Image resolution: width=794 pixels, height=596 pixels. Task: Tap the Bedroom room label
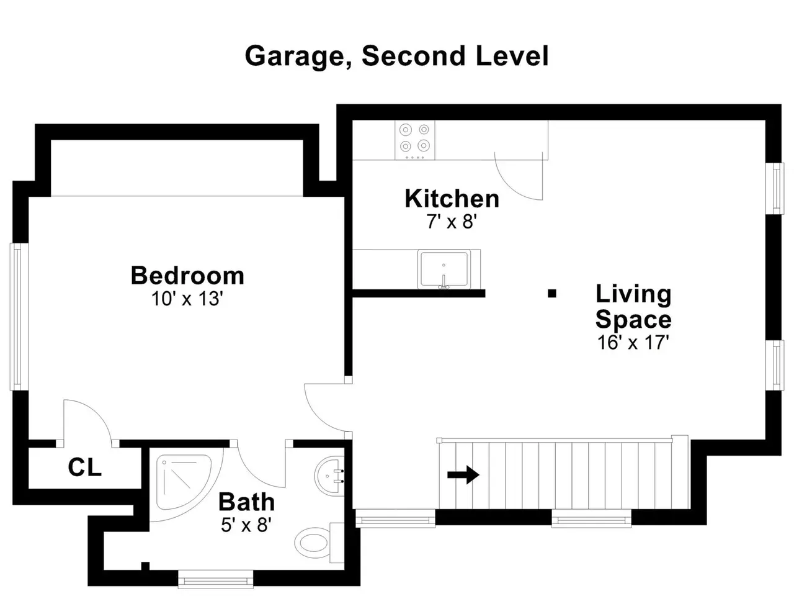[187, 276]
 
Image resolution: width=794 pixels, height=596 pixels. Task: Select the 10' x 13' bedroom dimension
[187, 299]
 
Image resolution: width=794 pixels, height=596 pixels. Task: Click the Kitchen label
[452, 199]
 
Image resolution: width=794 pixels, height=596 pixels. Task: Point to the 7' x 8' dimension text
[452, 222]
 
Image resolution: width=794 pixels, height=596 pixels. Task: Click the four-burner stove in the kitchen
[414, 140]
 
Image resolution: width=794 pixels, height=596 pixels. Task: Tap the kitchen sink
[444, 269]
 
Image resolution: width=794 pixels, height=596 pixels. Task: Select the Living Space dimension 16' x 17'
[633, 342]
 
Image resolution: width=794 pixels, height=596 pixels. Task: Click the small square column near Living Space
[551, 294]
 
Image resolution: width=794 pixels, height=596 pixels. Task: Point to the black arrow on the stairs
[463, 475]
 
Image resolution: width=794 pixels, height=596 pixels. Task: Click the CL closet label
[84, 467]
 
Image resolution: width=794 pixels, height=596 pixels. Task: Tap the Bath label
[246, 502]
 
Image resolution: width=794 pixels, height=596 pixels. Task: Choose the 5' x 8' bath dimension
[246, 525]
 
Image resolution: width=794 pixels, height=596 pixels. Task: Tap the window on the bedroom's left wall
[19, 317]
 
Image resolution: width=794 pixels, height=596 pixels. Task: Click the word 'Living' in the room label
[633, 294]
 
